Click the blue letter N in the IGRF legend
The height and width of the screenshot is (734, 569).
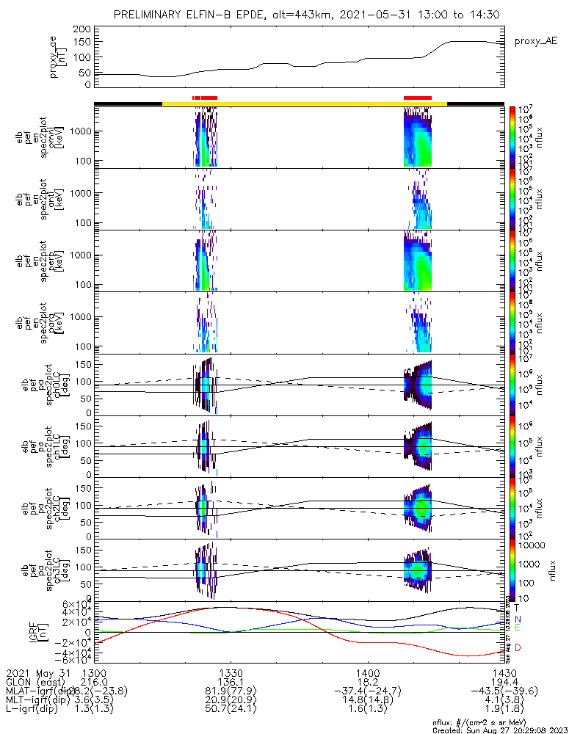pyautogui.click(x=518, y=619)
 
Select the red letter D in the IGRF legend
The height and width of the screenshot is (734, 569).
pyautogui.click(x=518, y=647)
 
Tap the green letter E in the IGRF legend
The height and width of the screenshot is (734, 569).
pyautogui.click(x=518, y=629)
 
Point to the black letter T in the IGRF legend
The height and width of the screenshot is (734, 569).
pyautogui.click(x=518, y=608)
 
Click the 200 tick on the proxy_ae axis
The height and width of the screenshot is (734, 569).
pyautogui.click(x=82, y=29)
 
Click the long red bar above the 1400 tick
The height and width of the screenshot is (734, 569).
pyautogui.click(x=418, y=97)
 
